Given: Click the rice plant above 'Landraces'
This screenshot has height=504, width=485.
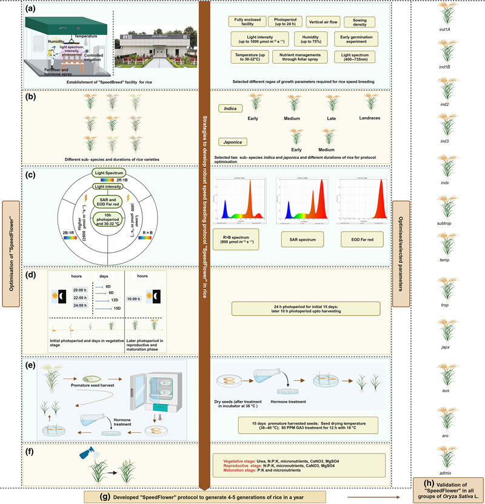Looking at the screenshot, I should coord(369,101).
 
